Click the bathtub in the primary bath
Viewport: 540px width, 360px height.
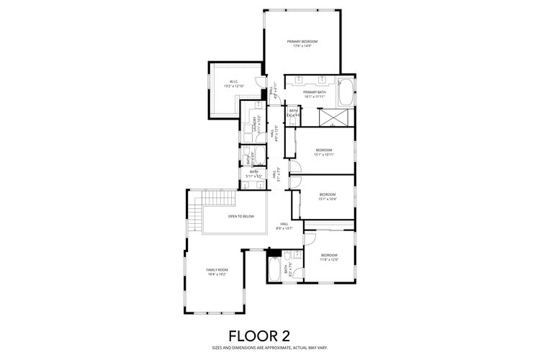(x=346, y=92)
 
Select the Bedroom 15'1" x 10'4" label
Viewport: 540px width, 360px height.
(x=328, y=197)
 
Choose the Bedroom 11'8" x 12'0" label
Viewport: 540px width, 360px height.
(x=329, y=257)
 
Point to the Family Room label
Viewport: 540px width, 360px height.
(x=217, y=272)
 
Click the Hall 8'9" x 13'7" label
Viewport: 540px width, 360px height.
(x=284, y=226)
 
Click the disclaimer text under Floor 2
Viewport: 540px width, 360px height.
(x=269, y=347)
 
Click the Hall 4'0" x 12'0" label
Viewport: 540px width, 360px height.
(x=274, y=134)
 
